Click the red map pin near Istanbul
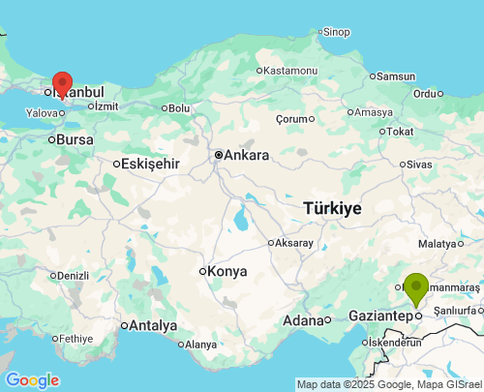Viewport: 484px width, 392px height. [62, 84]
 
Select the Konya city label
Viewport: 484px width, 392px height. [227, 271]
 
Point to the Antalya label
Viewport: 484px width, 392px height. [152, 325]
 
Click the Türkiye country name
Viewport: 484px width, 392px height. [332, 208]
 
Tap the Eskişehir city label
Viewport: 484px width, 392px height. [151, 164]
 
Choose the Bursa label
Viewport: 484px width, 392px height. [76, 139]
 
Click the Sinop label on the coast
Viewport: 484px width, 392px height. [336, 32]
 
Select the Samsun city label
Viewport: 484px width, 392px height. [395, 76]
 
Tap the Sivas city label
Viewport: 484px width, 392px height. [419, 165]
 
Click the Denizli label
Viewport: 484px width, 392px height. [73, 276]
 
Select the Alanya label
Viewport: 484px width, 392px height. [200, 345]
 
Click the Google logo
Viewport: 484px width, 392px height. [31, 380]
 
